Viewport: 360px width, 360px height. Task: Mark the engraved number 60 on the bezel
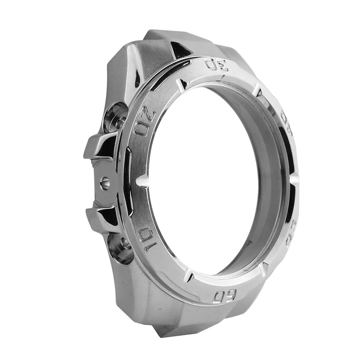(x=225, y=296)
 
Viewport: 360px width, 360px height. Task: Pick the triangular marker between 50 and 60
(x=263, y=267)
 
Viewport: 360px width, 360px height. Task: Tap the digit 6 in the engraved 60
(x=230, y=296)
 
